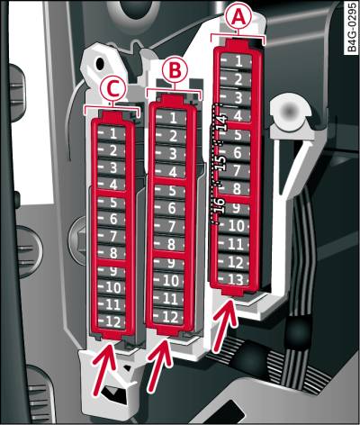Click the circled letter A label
point(238,18)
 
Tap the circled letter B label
point(175,70)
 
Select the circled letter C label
point(112,88)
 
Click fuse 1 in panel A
point(236,61)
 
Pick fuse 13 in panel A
point(234,280)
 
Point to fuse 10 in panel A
point(234,226)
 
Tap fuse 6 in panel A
point(235,153)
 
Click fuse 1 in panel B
point(171,118)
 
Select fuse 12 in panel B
point(168,317)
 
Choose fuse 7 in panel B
point(169,226)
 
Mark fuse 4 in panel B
point(170,172)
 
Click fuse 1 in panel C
point(112,133)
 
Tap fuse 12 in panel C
point(112,322)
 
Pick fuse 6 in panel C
point(112,219)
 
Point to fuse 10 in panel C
point(112,287)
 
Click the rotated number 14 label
point(221,122)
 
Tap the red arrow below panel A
point(224,326)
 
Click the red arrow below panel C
point(104,369)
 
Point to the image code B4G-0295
point(353,28)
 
